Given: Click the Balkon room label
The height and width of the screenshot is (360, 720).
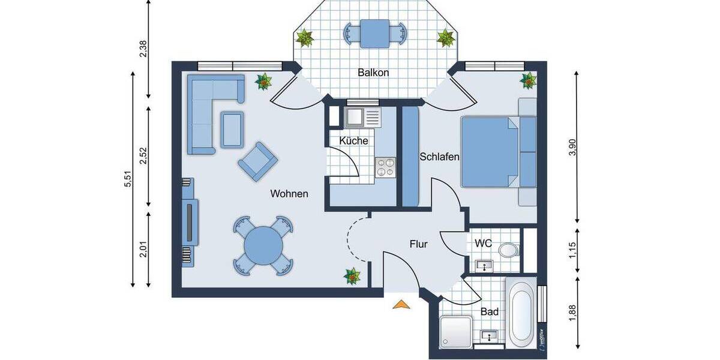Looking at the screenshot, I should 374,73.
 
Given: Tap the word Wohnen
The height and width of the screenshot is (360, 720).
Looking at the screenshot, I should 289,194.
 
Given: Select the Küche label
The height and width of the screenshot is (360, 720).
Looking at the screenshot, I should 353,140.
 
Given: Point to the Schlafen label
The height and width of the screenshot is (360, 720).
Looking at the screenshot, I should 440,157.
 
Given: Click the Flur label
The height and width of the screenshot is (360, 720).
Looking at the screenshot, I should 418,244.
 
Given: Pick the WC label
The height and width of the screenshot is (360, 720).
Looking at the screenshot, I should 483,244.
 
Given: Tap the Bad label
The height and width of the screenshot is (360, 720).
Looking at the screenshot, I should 490,312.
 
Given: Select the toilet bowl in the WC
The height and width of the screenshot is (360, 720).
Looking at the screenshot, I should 509,250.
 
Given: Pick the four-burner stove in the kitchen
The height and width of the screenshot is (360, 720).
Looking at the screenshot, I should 385,166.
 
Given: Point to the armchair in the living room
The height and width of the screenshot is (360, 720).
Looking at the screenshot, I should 258,160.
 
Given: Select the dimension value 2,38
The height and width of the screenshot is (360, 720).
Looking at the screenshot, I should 143,48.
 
